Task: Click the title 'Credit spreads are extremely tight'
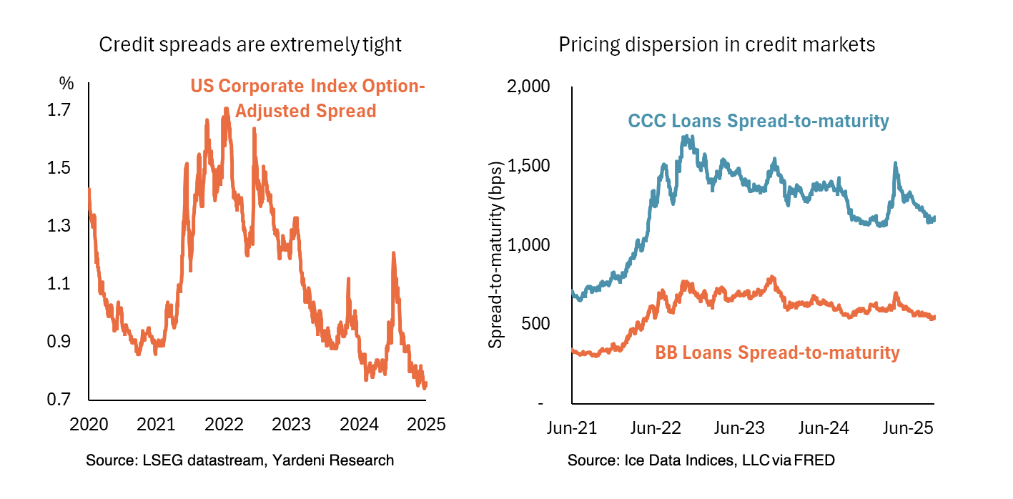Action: tap(249, 45)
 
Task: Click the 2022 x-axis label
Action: tap(224, 424)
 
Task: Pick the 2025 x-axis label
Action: tap(427, 424)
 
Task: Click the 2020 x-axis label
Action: tap(89, 424)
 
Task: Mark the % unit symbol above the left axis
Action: tap(66, 84)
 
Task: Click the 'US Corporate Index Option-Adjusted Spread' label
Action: tap(307, 99)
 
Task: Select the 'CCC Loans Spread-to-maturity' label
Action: tap(758, 121)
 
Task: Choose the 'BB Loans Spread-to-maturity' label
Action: tap(777, 352)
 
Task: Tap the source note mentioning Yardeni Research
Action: tap(239, 460)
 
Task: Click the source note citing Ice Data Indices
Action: tap(701, 460)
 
